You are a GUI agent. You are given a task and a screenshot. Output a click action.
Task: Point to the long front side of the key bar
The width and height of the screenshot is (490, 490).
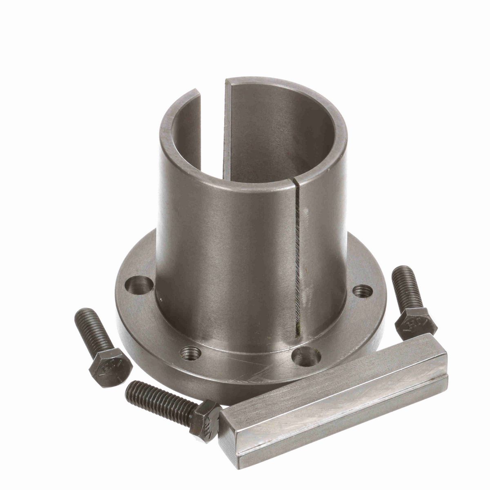pyautogui.click(x=339, y=414)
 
